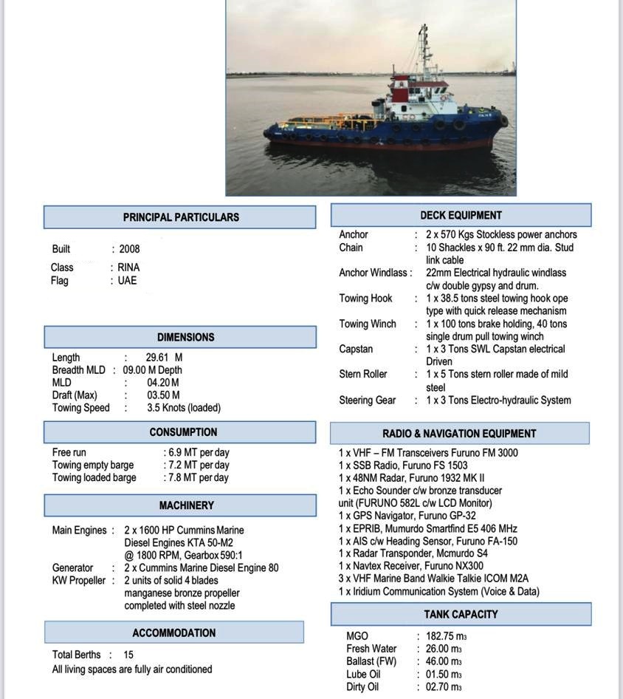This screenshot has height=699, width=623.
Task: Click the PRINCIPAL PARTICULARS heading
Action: click(181, 217)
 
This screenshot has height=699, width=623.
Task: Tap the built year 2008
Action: click(129, 249)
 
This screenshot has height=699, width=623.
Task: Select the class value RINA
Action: click(128, 267)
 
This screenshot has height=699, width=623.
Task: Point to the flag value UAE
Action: click(127, 281)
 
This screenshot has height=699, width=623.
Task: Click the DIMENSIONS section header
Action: click(185, 337)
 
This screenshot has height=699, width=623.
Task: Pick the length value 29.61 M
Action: click(164, 358)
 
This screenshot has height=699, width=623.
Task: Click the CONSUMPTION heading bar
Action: click(183, 432)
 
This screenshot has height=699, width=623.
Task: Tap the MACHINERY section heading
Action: click(186, 505)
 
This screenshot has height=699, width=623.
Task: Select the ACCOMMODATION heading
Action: click(174, 633)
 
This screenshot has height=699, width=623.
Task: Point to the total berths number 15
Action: click(128, 655)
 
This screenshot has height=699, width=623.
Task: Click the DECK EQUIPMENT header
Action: click(461, 216)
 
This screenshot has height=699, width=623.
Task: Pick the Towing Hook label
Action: click(365, 299)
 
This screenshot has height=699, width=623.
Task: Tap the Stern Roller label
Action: click(363, 374)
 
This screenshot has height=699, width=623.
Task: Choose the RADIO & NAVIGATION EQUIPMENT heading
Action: click(459, 434)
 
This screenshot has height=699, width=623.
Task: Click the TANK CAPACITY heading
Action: click(461, 614)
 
